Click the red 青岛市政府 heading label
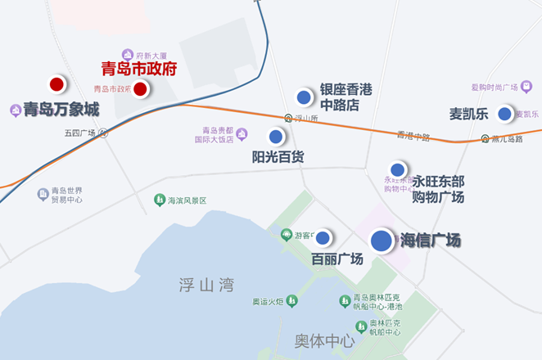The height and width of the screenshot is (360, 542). coord(138,69)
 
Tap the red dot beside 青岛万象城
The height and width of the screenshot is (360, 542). coord(56,83)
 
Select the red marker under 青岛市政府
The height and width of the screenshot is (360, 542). coord(140,88)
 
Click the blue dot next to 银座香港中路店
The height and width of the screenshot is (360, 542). coord(304,97)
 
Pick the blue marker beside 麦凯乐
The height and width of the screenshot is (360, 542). coord(504,114)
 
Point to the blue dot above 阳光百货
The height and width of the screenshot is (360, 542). coord(276,137)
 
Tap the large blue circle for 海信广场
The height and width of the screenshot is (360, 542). coord(382,241)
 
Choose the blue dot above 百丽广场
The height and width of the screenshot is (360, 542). coord(323,238)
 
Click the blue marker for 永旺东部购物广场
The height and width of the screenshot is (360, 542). coord(398,170)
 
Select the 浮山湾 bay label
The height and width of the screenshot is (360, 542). coord(206,285)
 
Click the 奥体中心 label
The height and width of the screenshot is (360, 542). coord(324,340)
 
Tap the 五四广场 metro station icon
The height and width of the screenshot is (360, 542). coord(104,133)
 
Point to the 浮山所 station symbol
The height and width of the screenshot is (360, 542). coord(288,119)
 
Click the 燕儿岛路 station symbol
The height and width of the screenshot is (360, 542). coord(486,138)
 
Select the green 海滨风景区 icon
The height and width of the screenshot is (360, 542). coord(160,200)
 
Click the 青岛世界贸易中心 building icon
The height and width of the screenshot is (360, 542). coord(43,194)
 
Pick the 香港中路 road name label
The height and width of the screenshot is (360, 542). coord(413,136)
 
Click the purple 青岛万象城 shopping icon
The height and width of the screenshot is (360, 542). coord(15,110)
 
